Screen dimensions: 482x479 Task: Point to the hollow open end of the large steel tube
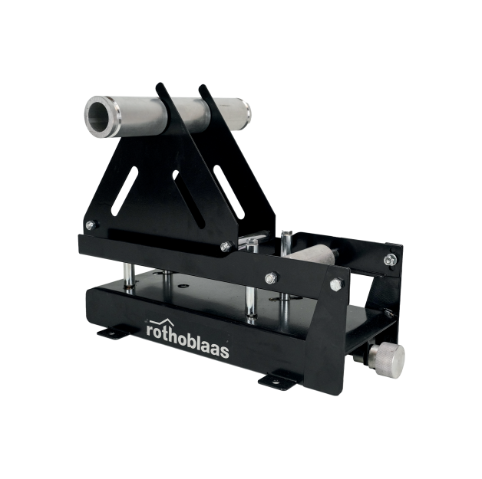tap(99, 116)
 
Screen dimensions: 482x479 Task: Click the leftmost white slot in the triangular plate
tap(124, 191)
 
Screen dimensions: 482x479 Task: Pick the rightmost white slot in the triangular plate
tap(229, 192)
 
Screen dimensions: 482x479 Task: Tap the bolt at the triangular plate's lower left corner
tap(90, 225)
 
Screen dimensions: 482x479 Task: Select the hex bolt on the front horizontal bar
tap(271, 278)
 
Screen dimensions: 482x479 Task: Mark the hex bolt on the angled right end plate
tap(336, 284)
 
